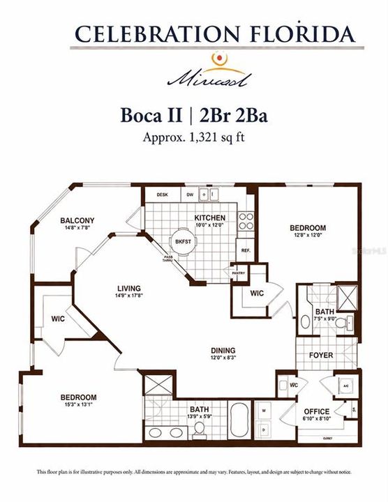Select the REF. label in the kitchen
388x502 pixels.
click(246, 250)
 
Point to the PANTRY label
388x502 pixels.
click(239, 273)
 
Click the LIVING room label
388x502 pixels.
click(129, 288)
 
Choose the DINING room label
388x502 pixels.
click(223, 350)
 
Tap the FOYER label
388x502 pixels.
click(321, 355)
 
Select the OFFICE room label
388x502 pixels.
click(316, 411)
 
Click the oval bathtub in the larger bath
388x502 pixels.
click(239, 416)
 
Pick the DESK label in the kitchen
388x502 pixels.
click(162, 195)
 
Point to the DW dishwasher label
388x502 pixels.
click(189, 195)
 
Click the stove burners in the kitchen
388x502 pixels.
click(246, 222)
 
